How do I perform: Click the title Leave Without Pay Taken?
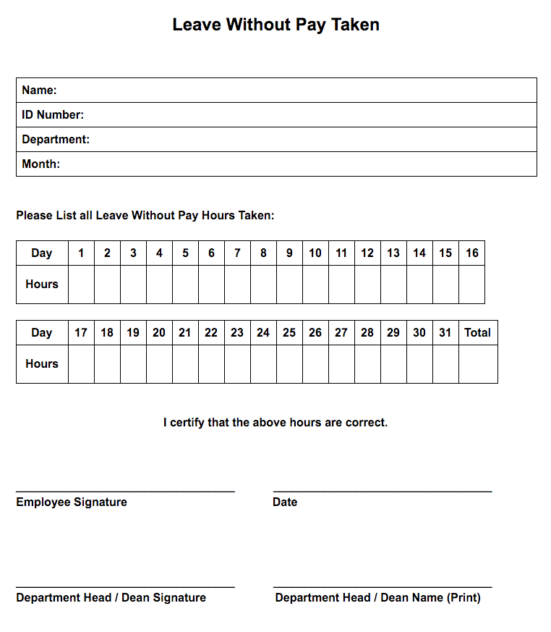pos(275,25)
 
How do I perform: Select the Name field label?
pos(39,90)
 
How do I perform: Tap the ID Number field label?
pos(53,115)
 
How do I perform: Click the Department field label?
pos(56,140)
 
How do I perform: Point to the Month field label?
pos(40,164)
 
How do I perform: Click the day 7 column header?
pos(237,253)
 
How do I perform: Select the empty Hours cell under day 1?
pos(81,285)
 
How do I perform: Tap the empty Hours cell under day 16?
pos(471,285)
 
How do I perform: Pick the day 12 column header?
pos(367,253)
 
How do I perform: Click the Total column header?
pos(477,333)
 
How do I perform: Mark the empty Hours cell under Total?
pos(478,364)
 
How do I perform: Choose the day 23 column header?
pos(237,333)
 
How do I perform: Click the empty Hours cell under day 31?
pos(445,364)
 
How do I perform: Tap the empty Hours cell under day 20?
pos(159,364)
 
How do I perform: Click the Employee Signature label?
pos(72,502)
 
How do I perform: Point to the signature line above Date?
pos(383,492)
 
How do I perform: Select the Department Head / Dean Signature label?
pos(111,598)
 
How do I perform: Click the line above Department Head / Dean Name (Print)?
pos(383,587)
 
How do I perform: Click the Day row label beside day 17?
pos(42,333)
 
